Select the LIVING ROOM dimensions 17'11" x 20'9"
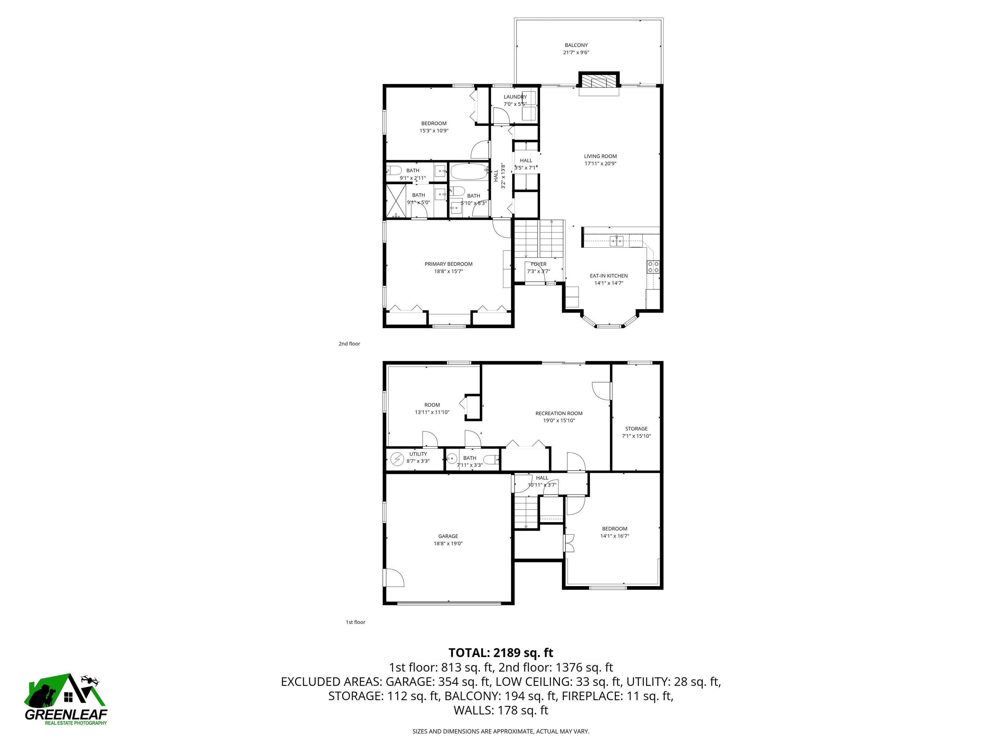[x=600, y=164]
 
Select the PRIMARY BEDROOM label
[x=448, y=264]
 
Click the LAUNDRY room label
[x=515, y=97]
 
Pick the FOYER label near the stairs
[x=539, y=264]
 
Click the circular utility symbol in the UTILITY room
[x=397, y=459]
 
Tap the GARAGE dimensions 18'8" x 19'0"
[x=448, y=543]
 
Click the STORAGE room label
[x=636, y=428]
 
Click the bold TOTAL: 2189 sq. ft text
[x=501, y=653]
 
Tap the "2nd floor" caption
[x=349, y=344]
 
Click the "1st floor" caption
[x=356, y=622]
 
